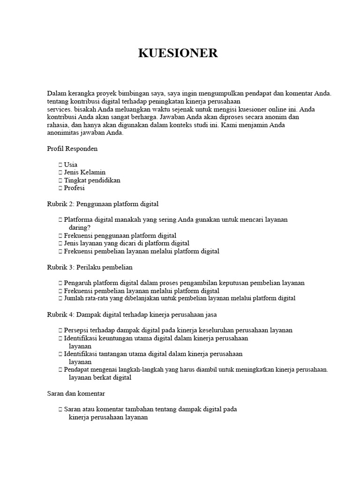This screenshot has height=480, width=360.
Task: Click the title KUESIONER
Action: coord(178,53)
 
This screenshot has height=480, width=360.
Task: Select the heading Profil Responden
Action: coord(72,149)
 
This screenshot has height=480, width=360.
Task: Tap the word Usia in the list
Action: coord(71,165)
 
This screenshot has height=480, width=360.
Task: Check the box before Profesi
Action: coord(60,188)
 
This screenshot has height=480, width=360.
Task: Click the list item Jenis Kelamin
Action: coord(84,172)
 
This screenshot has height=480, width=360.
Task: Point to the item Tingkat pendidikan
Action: coord(92,180)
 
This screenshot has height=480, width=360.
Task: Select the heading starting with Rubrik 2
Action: coord(103,204)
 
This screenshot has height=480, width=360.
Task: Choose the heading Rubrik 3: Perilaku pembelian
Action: coord(90,267)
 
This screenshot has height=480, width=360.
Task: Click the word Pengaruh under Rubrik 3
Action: coord(78,283)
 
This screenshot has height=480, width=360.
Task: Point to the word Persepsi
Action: coord(77,330)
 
